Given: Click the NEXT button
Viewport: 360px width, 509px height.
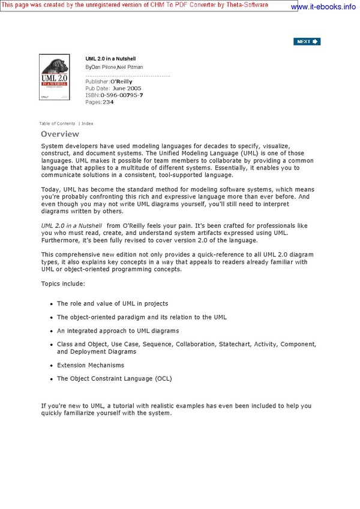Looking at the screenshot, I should [307, 41].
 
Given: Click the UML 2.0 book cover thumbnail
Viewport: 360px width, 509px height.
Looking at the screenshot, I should [55, 77].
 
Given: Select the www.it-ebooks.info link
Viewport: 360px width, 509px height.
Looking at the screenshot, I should [323, 7].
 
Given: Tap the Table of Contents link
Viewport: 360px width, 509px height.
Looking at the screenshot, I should [57, 124].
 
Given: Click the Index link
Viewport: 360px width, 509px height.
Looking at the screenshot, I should [88, 124].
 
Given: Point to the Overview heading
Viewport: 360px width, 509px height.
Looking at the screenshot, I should [60, 134].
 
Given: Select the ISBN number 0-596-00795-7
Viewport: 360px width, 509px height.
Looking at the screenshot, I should [121, 95].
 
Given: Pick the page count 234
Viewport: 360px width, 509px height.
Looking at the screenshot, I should [108, 102].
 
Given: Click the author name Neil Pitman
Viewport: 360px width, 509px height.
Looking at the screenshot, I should [130, 67].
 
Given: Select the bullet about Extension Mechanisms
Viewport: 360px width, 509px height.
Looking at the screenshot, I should [91, 365].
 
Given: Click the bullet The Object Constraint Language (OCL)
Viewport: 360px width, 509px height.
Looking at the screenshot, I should [114, 379].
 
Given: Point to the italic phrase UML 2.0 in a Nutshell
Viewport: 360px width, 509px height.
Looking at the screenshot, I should [71, 225].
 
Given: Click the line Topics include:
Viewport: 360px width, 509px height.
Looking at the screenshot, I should [63, 283].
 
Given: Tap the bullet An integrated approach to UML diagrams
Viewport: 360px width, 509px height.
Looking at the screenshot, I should [118, 331].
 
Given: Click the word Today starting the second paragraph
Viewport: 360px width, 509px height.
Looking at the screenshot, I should [50, 190].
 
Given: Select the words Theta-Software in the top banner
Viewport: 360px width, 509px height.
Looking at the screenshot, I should [273, 4].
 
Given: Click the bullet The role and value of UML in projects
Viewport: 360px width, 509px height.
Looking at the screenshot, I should [112, 303].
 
